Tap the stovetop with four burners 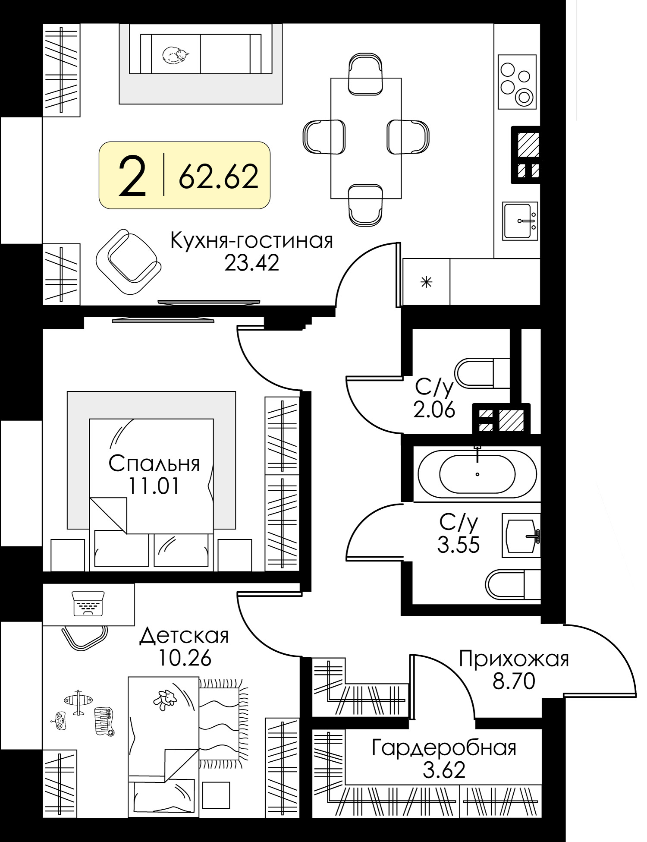click(x=517, y=82)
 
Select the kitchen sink click(x=520, y=221)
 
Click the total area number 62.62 click(x=219, y=176)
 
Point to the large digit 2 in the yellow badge click(x=132, y=176)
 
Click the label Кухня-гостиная click(x=252, y=241)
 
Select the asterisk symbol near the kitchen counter click(x=426, y=283)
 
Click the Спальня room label click(x=154, y=464)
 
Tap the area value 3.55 click(x=459, y=545)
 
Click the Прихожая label click(x=514, y=659)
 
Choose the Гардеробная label click(x=444, y=748)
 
